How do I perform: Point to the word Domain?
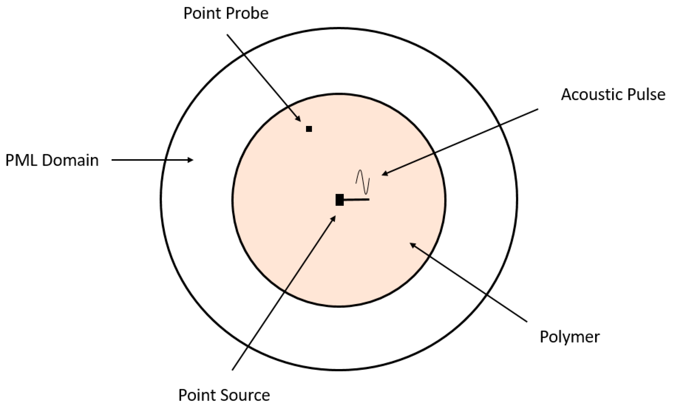70,160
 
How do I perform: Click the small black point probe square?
309,129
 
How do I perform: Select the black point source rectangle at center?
340,200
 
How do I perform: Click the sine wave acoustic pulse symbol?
363,182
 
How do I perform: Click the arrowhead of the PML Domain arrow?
191,160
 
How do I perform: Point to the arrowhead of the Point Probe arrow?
299,120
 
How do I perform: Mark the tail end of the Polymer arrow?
527,322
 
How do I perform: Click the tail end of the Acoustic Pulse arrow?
538,109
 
